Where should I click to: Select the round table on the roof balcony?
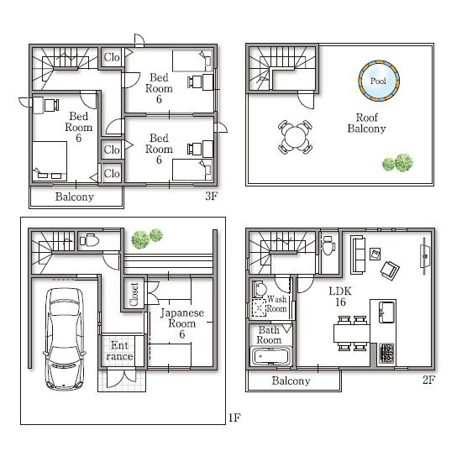(x=295, y=137)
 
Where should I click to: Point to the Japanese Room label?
(x=182, y=323)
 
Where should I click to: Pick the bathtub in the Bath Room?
(x=270, y=358)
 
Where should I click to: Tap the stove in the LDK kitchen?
(x=387, y=353)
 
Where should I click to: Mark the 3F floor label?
(x=213, y=198)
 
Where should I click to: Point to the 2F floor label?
(x=428, y=381)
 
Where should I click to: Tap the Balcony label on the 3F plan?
(x=75, y=197)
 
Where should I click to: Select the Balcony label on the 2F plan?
(x=291, y=381)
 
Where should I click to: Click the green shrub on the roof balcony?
(x=398, y=162)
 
